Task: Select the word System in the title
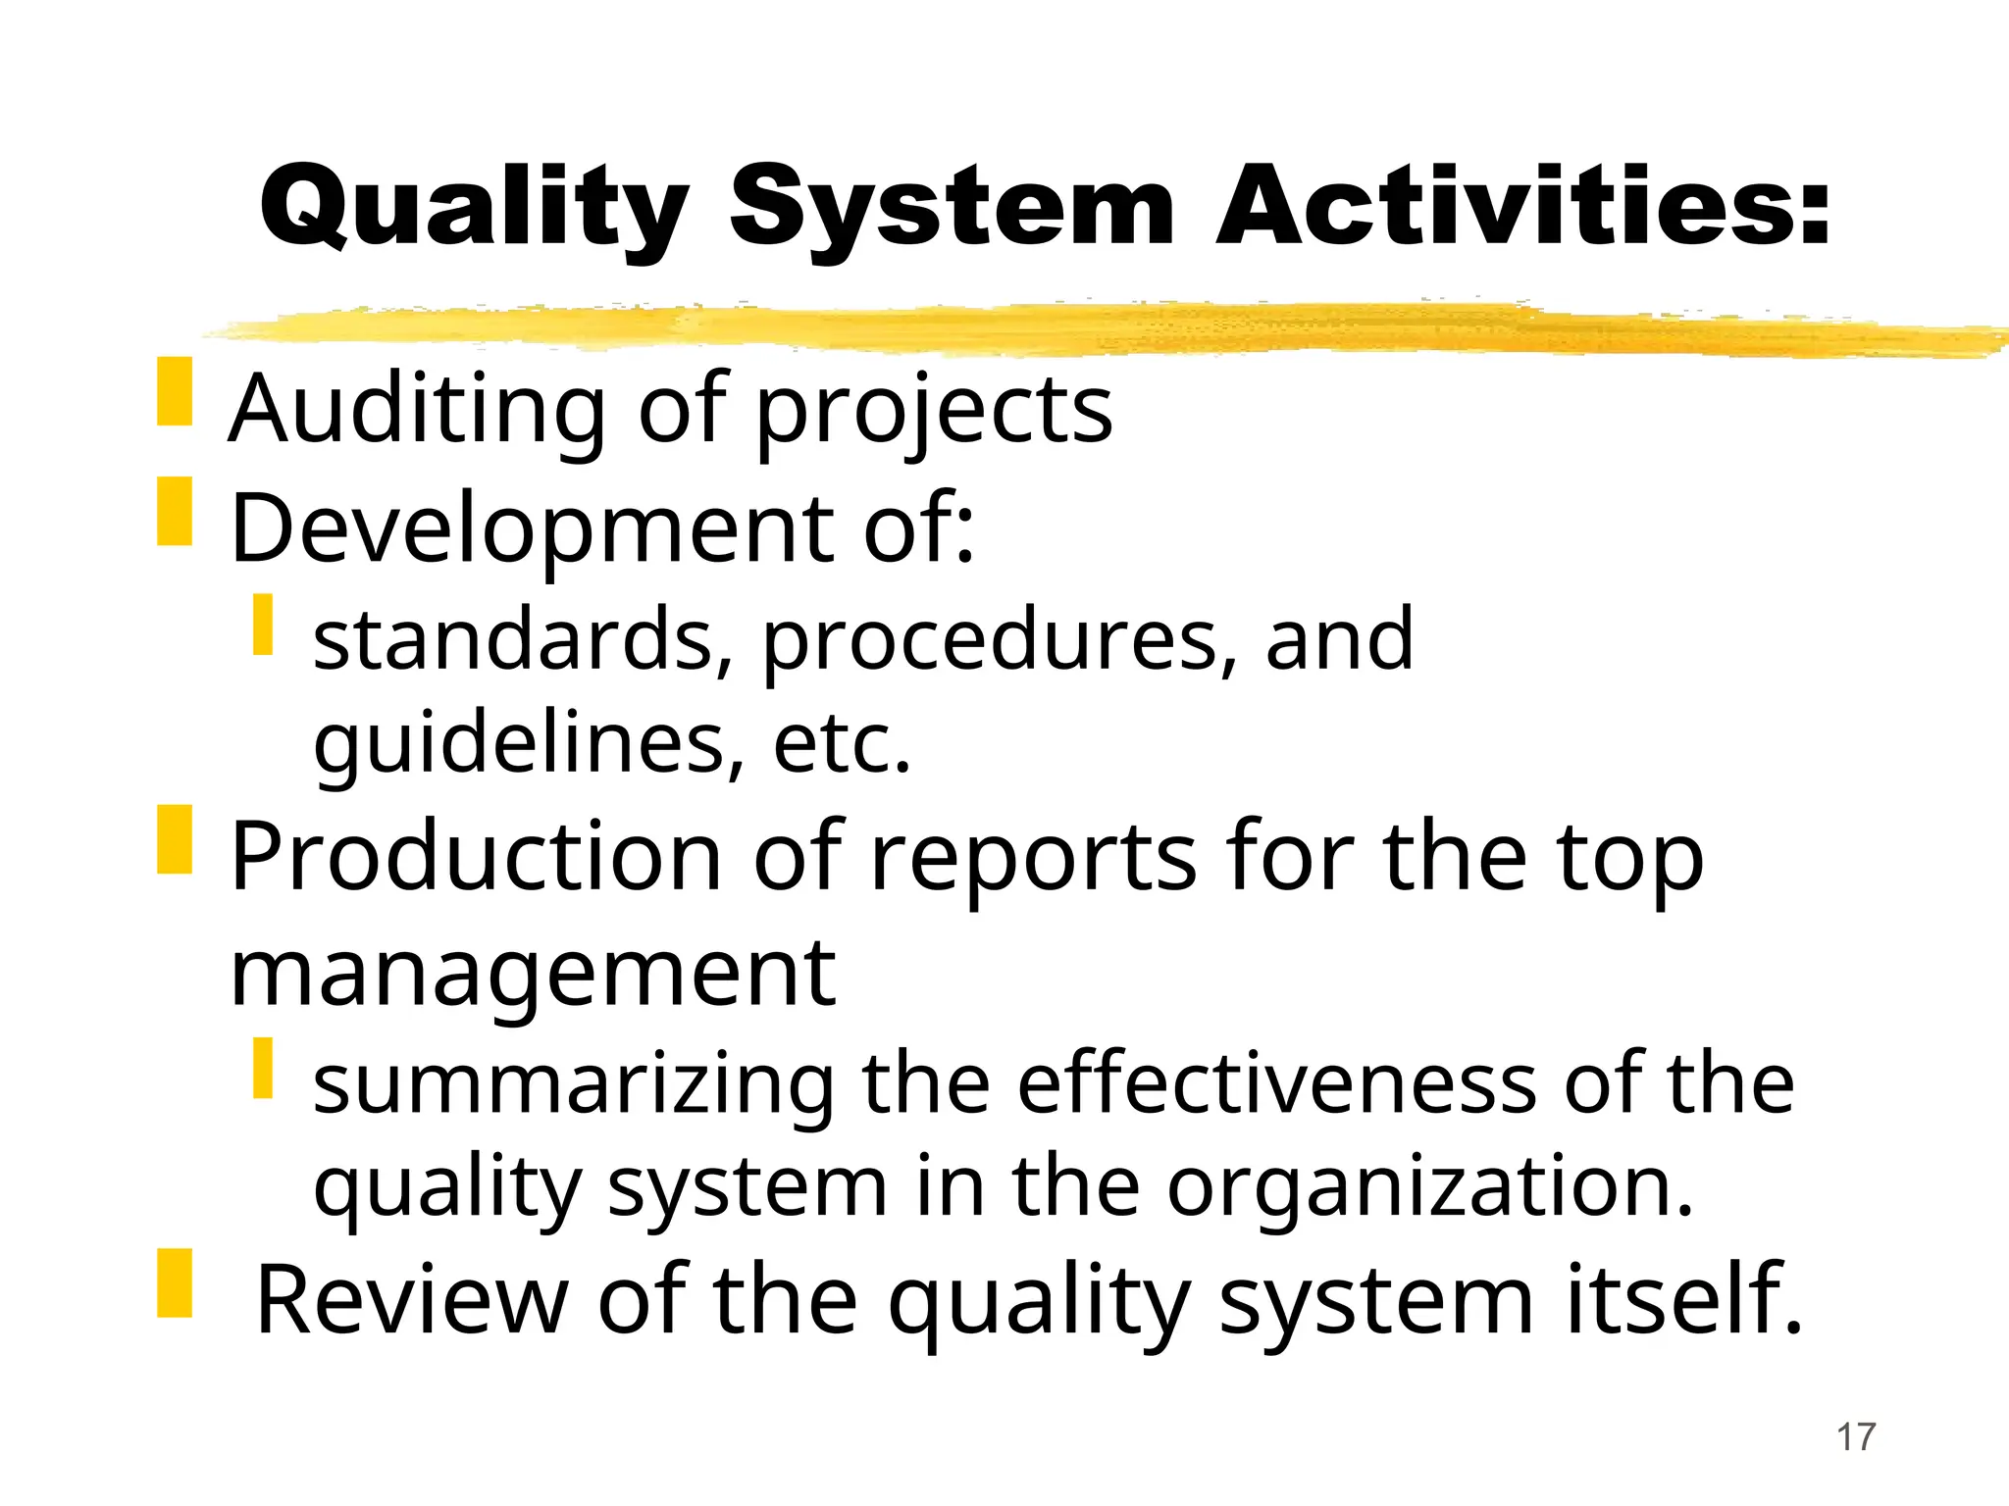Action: point(952,208)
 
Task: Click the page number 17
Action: point(1855,1437)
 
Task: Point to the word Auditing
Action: point(417,410)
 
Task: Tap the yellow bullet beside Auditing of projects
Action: point(175,392)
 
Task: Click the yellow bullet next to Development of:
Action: point(175,512)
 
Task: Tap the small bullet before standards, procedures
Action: point(262,625)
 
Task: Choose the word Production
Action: point(476,857)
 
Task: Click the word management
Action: point(533,975)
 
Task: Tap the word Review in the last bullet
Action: point(412,1301)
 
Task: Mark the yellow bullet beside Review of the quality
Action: point(175,1282)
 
